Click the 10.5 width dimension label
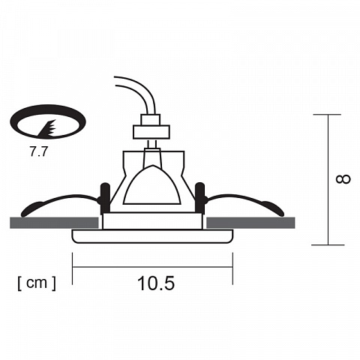(156, 283)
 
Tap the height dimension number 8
(343, 179)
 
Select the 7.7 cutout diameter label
(38, 151)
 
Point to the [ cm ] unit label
(37, 283)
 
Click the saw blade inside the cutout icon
(47, 129)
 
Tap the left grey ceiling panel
(54, 223)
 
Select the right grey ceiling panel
(250, 223)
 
